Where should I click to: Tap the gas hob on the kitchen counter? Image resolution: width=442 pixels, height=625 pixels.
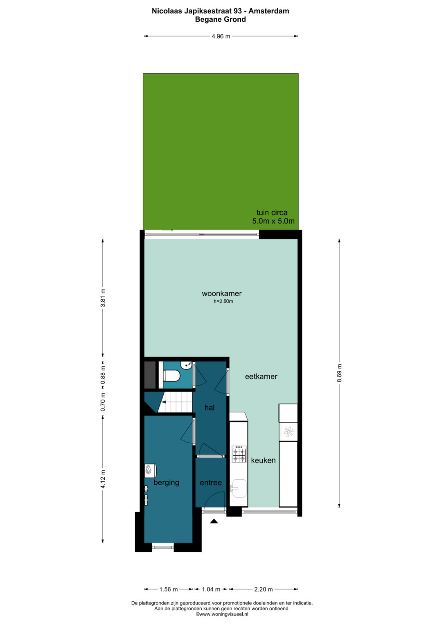click(x=239, y=454)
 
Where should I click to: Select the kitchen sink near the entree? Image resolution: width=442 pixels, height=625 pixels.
click(x=239, y=489)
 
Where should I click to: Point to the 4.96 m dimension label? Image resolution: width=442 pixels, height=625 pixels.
click(x=221, y=36)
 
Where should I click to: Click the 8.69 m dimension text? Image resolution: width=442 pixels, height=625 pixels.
click(x=339, y=373)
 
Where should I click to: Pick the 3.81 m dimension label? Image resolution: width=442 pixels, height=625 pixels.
click(x=103, y=298)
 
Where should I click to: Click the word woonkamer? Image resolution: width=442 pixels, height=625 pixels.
click(x=221, y=293)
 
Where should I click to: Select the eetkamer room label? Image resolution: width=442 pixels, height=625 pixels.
click(x=261, y=377)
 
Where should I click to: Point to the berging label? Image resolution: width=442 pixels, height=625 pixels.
click(x=166, y=483)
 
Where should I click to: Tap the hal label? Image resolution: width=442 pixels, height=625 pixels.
click(x=210, y=408)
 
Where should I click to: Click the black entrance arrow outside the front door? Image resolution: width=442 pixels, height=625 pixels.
click(x=214, y=521)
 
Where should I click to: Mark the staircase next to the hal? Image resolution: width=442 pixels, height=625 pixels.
click(x=175, y=402)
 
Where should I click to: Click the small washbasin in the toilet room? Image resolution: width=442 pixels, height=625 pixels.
click(x=186, y=365)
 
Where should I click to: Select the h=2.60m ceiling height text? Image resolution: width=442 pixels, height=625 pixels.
click(x=223, y=301)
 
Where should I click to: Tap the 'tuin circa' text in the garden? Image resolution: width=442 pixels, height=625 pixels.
click(x=272, y=212)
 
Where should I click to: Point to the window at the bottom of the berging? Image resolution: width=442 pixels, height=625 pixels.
click(x=163, y=547)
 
